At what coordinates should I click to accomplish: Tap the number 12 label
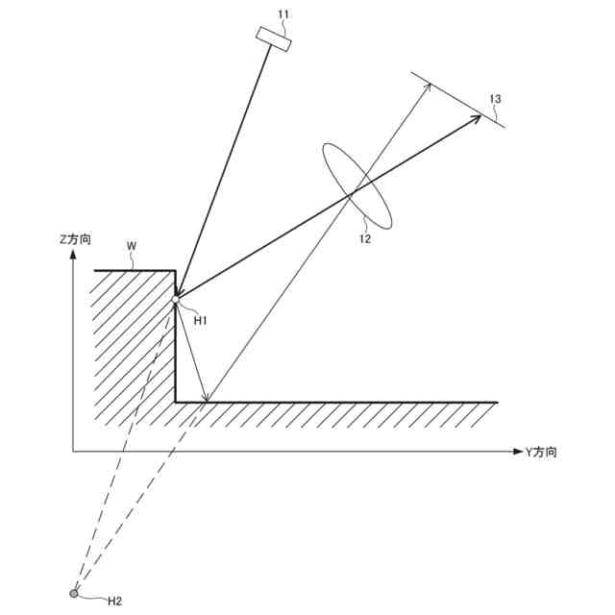coord(364,240)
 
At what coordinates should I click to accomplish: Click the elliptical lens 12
coord(357,186)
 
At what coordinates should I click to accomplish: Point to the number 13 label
coord(495,98)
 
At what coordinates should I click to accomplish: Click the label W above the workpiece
coord(133,247)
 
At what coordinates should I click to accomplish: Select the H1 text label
coord(200,320)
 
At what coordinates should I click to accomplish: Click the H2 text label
coord(114,601)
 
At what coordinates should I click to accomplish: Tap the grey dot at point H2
coord(74,593)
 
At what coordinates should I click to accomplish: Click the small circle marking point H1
coord(175,302)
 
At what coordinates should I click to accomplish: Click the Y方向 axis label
coord(540,451)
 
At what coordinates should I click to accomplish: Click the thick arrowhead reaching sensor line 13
coord(478,116)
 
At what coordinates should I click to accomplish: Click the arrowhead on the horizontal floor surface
coord(205,398)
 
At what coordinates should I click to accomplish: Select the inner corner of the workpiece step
coord(175,402)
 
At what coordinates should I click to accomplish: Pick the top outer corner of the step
coord(175,272)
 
